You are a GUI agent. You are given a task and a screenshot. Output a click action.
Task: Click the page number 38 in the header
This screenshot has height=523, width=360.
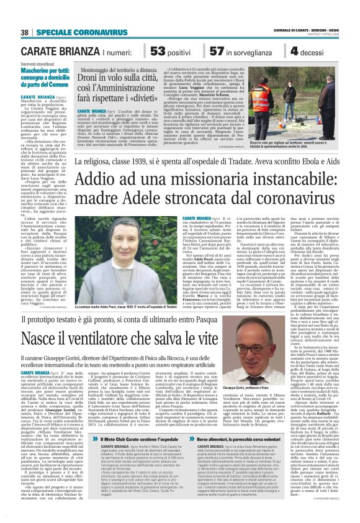click(x=25, y=32)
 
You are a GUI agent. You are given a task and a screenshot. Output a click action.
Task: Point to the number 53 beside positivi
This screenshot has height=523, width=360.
click(x=161, y=52)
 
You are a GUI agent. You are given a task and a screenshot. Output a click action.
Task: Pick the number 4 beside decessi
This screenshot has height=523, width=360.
click(x=295, y=52)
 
